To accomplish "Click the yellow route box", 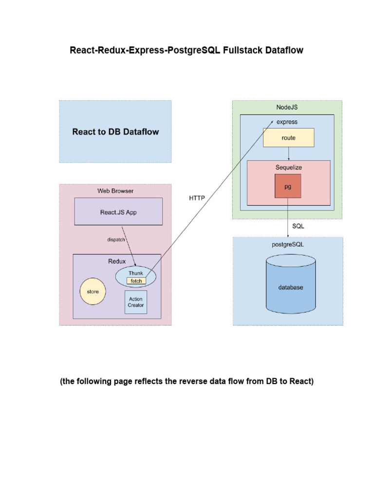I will point(288,138).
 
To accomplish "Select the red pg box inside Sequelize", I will point(288,187).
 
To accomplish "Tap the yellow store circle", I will point(93,291).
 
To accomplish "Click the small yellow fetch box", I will point(136,281).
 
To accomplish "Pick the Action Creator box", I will point(136,302).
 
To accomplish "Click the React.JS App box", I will point(118,211).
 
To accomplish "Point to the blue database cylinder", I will point(290,287).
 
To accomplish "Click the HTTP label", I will point(197,198).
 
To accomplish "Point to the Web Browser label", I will point(115,191).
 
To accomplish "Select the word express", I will point(287,122).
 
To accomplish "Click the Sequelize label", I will point(288,167).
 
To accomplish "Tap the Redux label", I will point(117,261).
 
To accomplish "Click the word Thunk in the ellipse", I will point(135,273).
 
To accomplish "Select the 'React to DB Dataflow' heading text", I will point(115,132).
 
